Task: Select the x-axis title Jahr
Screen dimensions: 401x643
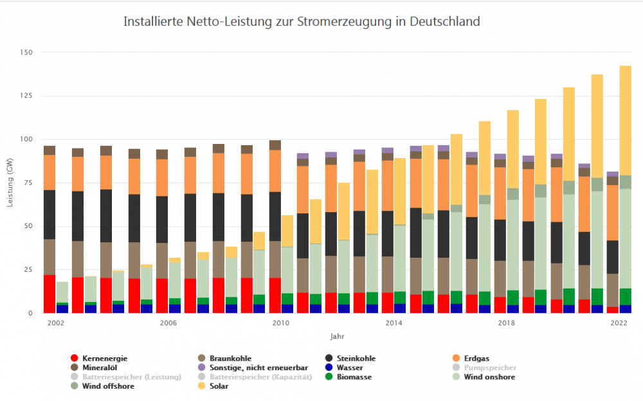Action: click(x=338, y=335)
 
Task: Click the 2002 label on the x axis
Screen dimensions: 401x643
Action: click(x=55, y=323)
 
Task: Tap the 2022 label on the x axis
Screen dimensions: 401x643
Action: click(x=619, y=323)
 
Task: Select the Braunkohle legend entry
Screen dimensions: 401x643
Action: click(x=231, y=359)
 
